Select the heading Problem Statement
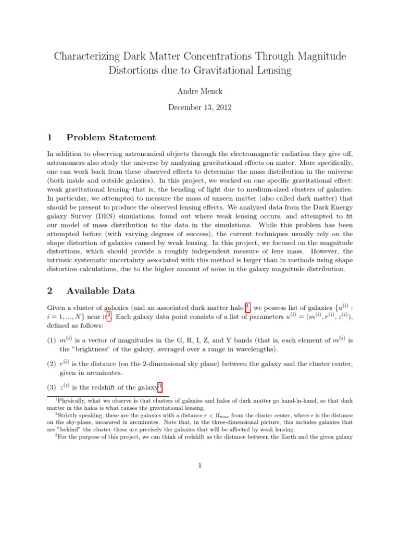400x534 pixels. click(111, 138)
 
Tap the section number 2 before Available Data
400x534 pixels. click(49, 290)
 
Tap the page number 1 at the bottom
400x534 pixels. click(199, 466)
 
